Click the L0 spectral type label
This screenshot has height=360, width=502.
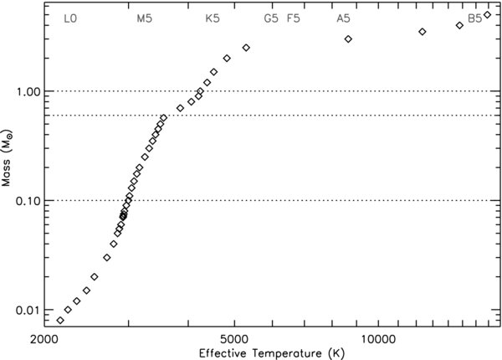point(71,18)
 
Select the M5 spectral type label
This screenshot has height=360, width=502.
point(145,18)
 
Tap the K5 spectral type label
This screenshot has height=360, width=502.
point(213,18)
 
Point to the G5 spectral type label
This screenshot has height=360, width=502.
point(271,18)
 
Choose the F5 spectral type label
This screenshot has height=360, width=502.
point(294,18)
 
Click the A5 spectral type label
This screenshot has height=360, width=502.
point(343,18)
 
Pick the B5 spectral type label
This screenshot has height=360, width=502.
point(474,18)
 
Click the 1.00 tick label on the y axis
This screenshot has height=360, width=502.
point(28,91)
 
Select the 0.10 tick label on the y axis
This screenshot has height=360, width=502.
point(28,201)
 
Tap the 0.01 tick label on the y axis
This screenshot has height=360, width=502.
point(28,311)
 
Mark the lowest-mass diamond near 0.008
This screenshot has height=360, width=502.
point(59,321)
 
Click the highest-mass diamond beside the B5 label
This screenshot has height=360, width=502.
point(487,14)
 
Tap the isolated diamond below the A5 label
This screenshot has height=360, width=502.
point(348,39)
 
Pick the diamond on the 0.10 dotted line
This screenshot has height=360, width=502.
point(129,198)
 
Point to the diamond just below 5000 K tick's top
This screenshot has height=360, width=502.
point(246,48)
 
